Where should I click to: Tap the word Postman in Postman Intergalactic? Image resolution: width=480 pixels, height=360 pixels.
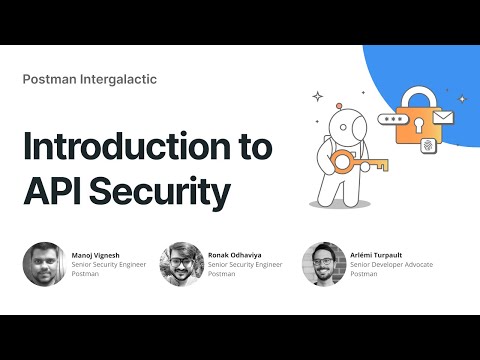[50, 79]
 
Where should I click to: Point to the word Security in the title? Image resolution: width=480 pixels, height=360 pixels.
[164, 190]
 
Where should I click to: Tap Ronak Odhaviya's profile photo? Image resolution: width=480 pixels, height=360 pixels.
[181, 264]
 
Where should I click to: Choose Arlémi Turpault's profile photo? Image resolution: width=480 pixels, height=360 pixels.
[322, 264]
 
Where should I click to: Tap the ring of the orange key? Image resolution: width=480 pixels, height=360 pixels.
[343, 163]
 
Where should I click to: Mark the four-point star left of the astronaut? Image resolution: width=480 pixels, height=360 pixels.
[318, 97]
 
